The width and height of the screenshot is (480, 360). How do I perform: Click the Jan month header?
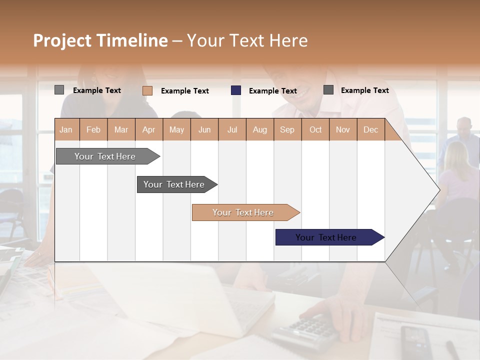pos(66,129)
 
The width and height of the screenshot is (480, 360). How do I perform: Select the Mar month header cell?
pos(121,129)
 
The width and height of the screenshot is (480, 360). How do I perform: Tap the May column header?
pos(176,129)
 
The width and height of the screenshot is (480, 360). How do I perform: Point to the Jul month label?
pos(232,129)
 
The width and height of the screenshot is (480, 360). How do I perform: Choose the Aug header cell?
pos(259,129)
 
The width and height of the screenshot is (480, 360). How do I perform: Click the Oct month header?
pos(315,129)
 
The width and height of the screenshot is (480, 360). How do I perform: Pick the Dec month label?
pos(370,129)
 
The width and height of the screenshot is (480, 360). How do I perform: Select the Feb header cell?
pos(93,129)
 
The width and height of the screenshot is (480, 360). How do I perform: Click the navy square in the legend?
pos(236,90)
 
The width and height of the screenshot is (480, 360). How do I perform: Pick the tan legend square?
pos(147,90)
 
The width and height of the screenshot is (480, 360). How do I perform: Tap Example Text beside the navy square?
pos(273,91)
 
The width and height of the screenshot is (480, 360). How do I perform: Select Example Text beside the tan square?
pos(185,91)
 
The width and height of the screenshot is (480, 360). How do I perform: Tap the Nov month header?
pos(343,129)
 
